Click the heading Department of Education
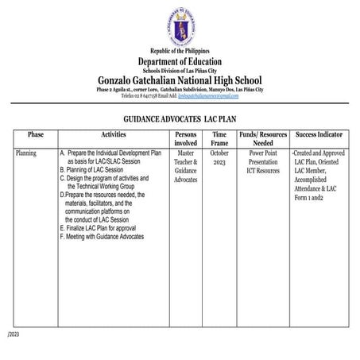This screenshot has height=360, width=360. [x=180, y=62]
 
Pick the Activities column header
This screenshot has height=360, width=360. [x=113, y=135]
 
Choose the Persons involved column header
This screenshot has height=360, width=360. [x=186, y=140]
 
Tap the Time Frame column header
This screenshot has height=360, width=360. [x=220, y=140]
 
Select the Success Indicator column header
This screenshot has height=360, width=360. [x=319, y=135]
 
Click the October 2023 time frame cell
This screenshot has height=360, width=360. [x=220, y=157]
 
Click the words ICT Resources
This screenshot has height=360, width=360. [x=262, y=170]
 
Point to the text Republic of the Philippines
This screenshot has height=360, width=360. [x=180, y=52]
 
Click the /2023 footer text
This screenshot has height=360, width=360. [x=12, y=334]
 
